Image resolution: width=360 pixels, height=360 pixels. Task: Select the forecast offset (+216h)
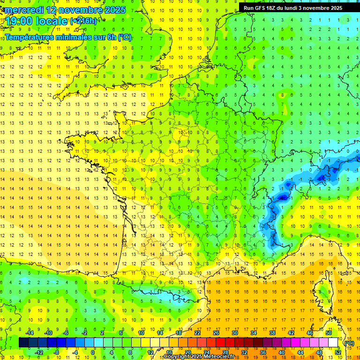pyautogui.click(x=83, y=21)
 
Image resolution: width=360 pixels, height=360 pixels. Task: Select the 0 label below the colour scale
pyautogui.click(x=93, y=352)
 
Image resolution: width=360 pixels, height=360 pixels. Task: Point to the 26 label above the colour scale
pyautogui.click(x=216, y=333)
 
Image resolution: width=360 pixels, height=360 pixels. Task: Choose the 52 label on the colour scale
pyautogui.click(x=338, y=352)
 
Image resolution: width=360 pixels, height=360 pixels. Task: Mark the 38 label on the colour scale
pyautogui.click(x=272, y=333)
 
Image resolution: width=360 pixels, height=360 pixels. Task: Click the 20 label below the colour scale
pyautogui.click(x=188, y=352)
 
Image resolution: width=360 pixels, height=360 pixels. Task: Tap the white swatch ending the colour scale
pyautogui.click(x=333, y=343)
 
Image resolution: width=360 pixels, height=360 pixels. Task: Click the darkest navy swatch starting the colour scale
pyautogui.click(x=23, y=343)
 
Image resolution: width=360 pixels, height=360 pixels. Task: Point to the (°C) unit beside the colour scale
pyautogui.click(x=349, y=343)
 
